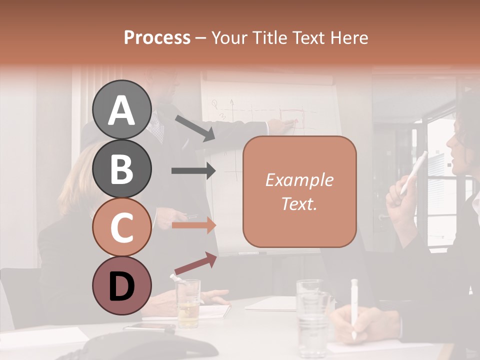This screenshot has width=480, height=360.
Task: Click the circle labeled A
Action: (x=121, y=109)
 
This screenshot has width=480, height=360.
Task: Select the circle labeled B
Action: (x=121, y=168)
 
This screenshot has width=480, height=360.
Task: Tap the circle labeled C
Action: (x=121, y=227)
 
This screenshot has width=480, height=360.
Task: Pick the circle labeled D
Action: (x=121, y=286)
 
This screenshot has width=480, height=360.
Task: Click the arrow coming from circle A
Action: (x=195, y=128)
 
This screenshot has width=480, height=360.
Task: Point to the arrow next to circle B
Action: (x=193, y=171)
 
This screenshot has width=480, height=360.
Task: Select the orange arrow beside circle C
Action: (x=193, y=225)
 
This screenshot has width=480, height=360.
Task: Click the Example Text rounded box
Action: (x=299, y=191)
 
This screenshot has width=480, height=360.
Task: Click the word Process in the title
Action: (x=157, y=37)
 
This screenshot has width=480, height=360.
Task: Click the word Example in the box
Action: (x=299, y=179)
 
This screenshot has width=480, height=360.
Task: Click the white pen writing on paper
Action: (x=354, y=307)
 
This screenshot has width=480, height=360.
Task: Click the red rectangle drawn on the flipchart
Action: (x=291, y=116)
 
